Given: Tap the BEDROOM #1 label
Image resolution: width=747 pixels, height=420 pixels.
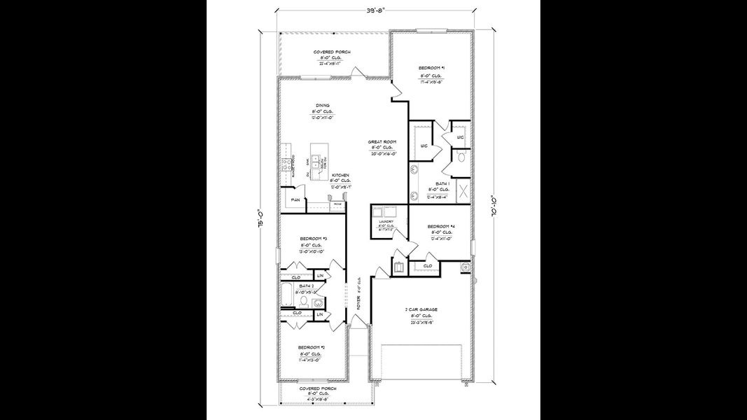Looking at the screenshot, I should tap(432, 68).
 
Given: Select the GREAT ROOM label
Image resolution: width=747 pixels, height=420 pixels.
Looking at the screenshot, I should tap(382, 142).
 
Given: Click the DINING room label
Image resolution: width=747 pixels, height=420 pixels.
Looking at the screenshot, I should tap(322, 106).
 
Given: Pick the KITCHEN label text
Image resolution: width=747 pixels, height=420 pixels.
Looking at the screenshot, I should tap(340, 175).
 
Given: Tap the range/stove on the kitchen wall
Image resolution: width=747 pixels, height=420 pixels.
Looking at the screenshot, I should tap(286, 165).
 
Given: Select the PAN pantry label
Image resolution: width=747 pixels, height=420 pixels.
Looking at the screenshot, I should tap(295, 199).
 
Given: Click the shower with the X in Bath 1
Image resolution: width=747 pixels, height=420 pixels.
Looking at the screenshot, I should tap(463, 190).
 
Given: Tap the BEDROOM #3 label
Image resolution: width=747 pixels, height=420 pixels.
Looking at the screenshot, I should tap(311, 239).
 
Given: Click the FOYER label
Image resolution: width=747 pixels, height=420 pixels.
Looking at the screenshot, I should tap(358, 302).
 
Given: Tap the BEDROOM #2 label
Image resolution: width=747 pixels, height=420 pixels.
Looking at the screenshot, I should tap(311, 348).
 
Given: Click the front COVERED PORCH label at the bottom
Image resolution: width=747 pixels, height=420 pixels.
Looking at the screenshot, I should tap(317, 388).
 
